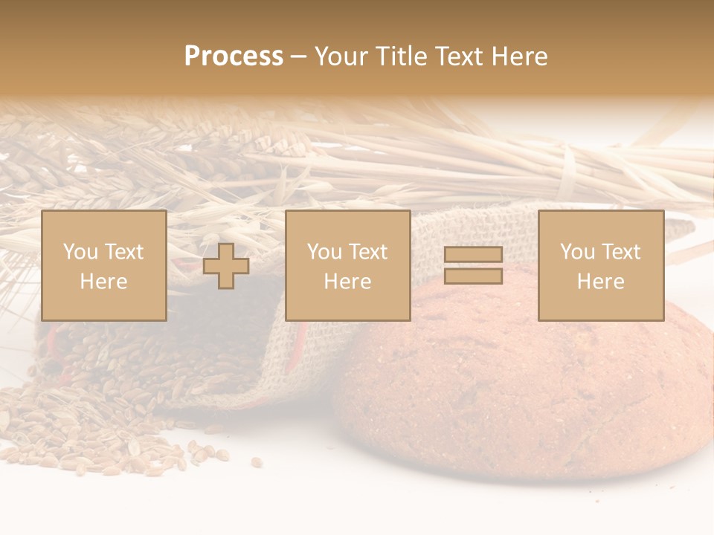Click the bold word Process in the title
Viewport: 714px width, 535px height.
pos(234,56)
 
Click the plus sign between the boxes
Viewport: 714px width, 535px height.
pos(226,266)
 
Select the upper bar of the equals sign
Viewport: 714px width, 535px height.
pos(473,254)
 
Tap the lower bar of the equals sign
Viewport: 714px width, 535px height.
pos(473,276)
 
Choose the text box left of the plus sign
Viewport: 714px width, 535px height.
pos(103,265)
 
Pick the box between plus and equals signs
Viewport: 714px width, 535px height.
pos(347,265)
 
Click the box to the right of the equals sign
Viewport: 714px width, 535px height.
pos(600,265)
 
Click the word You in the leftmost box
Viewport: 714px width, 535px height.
pos(80,252)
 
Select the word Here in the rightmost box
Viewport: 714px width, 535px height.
pos(600,282)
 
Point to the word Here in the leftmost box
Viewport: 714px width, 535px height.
pos(103,282)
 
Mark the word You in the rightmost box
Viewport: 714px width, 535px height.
pos(577,252)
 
